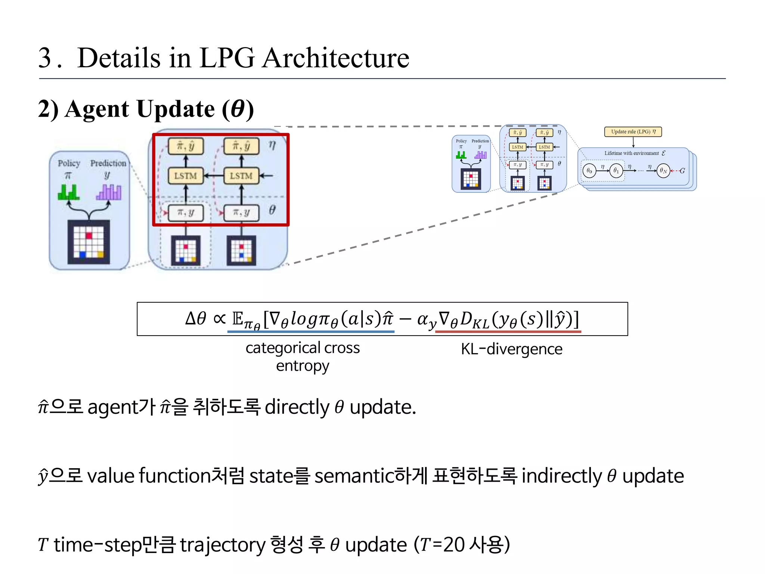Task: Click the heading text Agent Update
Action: click(140, 109)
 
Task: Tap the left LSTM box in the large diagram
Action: click(186, 176)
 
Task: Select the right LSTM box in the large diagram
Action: click(241, 176)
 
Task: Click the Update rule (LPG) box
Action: click(633, 132)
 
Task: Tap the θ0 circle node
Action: click(589, 171)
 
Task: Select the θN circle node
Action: click(663, 171)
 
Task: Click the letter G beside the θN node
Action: click(682, 171)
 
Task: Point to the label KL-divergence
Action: click(511, 349)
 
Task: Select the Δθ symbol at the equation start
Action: click(195, 318)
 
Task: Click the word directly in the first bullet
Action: click(297, 407)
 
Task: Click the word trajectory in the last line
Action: click(223, 545)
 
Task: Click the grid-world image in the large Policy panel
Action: click(89, 242)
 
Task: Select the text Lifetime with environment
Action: click(631, 153)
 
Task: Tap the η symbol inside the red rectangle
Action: click(272, 145)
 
